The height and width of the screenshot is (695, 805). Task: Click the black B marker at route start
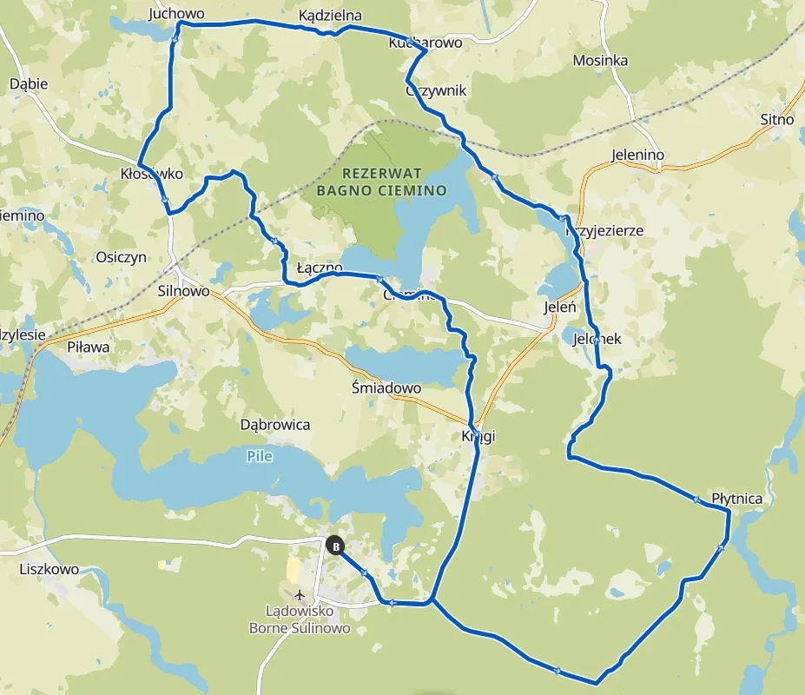point(336,546)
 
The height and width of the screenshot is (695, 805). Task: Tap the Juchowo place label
point(176,14)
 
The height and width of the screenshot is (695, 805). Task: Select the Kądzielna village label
point(329,16)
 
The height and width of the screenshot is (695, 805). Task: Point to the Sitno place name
point(776,119)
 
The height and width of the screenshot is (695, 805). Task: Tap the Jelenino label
point(637,155)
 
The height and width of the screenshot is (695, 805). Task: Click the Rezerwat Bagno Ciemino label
point(382,181)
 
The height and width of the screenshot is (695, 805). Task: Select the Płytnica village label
point(736,499)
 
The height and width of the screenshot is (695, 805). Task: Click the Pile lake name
point(259,455)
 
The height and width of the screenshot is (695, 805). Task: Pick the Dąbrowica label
point(274,425)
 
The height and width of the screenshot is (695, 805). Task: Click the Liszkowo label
point(49,570)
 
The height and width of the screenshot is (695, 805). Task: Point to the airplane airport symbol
point(300,595)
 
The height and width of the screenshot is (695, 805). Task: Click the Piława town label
point(89,347)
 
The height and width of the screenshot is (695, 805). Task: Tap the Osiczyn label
point(121,257)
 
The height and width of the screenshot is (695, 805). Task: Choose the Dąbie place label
point(28,84)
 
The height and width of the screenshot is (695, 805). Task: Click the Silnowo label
point(184,291)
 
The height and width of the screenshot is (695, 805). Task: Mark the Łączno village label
point(319,267)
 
